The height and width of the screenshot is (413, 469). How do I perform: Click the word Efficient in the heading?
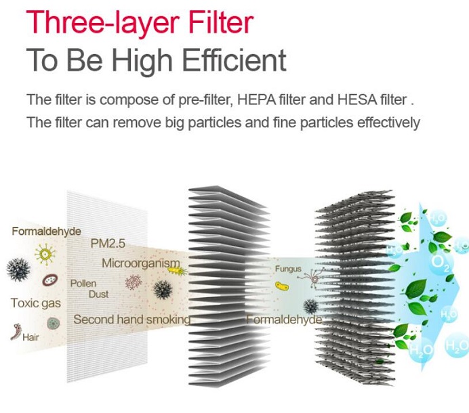coord(234,60)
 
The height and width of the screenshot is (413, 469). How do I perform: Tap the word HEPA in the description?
coord(256,100)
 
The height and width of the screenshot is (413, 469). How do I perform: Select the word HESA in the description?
coord(357,100)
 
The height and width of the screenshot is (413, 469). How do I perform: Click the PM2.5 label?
coord(108,244)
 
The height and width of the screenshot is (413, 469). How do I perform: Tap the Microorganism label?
coord(141,263)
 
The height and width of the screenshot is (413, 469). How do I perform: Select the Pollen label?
coord(83,283)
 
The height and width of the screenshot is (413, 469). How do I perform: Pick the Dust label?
coord(98,295)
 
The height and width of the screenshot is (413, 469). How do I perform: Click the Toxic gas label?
coord(36,303)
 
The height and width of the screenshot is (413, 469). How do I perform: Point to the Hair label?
coord(30,337)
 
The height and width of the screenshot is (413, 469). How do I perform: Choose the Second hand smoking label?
coord(132,320)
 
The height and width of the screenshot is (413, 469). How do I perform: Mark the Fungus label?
coord(288,269)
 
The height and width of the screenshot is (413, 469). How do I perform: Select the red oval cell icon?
coord(49,280)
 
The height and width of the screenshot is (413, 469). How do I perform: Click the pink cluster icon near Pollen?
coord(134,282)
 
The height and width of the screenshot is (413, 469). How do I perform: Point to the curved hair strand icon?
coord(16,332)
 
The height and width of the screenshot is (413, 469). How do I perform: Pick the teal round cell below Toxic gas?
coord(54,324)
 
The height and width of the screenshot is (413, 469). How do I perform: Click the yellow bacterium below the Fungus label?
coord(282,286)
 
